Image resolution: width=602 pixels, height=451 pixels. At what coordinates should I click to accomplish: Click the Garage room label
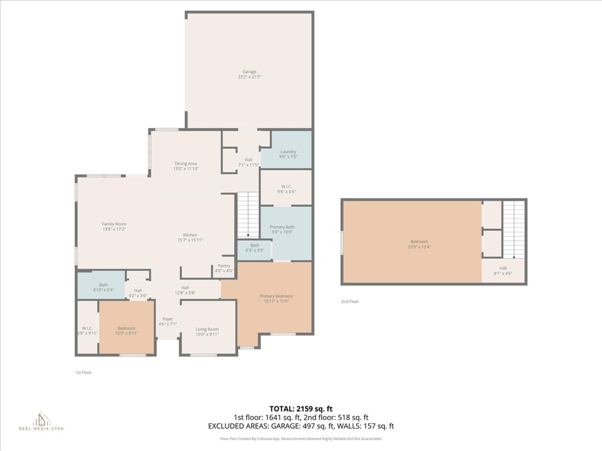point(249,75)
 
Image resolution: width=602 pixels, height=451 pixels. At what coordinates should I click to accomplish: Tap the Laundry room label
point(288,154)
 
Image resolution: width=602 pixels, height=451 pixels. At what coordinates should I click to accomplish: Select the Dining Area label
point(185,166)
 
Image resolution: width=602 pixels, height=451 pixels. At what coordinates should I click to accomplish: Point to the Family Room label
point(114,226)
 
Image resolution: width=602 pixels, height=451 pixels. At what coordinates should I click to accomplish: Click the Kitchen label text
point(189,237)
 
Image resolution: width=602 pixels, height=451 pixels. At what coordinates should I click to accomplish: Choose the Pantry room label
point(224,268)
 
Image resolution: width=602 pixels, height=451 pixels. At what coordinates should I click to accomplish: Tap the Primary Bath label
point(282,229)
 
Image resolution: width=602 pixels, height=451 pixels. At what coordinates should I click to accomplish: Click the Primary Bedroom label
point(276,299)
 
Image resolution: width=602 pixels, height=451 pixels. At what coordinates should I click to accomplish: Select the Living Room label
point(207,332)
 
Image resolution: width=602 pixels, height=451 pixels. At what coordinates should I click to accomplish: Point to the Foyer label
point(168,321)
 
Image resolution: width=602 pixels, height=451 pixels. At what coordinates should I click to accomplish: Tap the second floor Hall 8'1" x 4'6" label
point(503,271)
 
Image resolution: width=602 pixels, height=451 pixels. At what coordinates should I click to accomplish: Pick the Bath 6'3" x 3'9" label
point(255,248)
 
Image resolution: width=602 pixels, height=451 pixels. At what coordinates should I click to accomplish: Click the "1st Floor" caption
point(83,372)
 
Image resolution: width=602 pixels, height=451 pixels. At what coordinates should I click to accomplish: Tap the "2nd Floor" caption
point(349,301)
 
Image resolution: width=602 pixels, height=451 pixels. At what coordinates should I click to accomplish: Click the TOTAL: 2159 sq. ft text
point(300,408)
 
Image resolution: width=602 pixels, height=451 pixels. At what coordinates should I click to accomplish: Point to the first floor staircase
point(248,214)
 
